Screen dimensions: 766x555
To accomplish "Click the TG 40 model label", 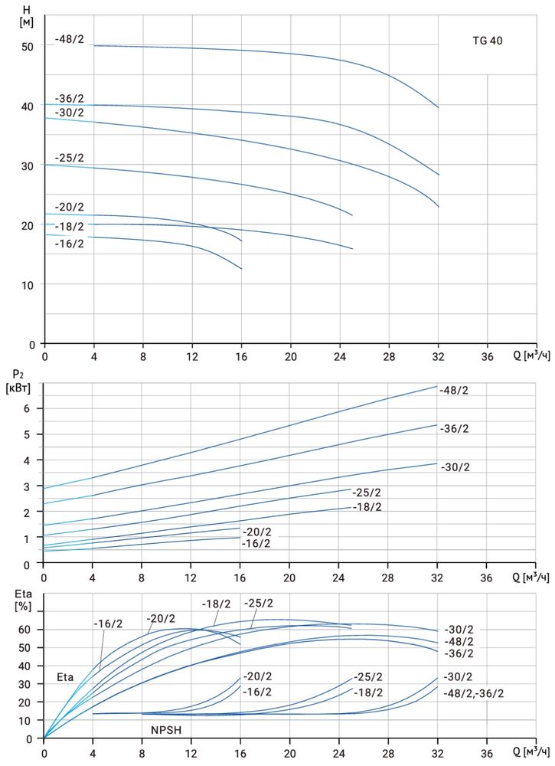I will [487, 41].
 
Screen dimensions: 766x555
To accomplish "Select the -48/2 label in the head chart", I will [70, 39].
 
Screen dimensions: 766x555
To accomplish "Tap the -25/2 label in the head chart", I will [70, 159].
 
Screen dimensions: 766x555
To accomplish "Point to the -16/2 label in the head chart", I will [70, 244].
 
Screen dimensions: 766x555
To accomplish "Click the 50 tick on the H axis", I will [28, 46].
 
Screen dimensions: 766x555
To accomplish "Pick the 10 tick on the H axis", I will [28, 285].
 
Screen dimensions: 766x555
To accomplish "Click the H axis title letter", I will [27, 9].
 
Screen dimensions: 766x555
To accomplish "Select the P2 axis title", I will [20, 375].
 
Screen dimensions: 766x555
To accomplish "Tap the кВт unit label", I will [20, 388].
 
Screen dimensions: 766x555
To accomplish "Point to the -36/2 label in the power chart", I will [455, 429].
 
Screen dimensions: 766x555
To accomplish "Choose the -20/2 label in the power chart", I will [256, 532].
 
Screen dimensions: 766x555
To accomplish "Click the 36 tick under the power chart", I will [487, 577].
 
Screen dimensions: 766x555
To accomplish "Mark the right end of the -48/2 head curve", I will [438, 107].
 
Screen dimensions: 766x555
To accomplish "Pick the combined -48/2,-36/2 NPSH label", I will [471, 693].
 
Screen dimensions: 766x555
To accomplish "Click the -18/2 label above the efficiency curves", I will [217, 604].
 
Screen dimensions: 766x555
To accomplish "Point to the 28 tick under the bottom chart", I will [389, 751].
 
